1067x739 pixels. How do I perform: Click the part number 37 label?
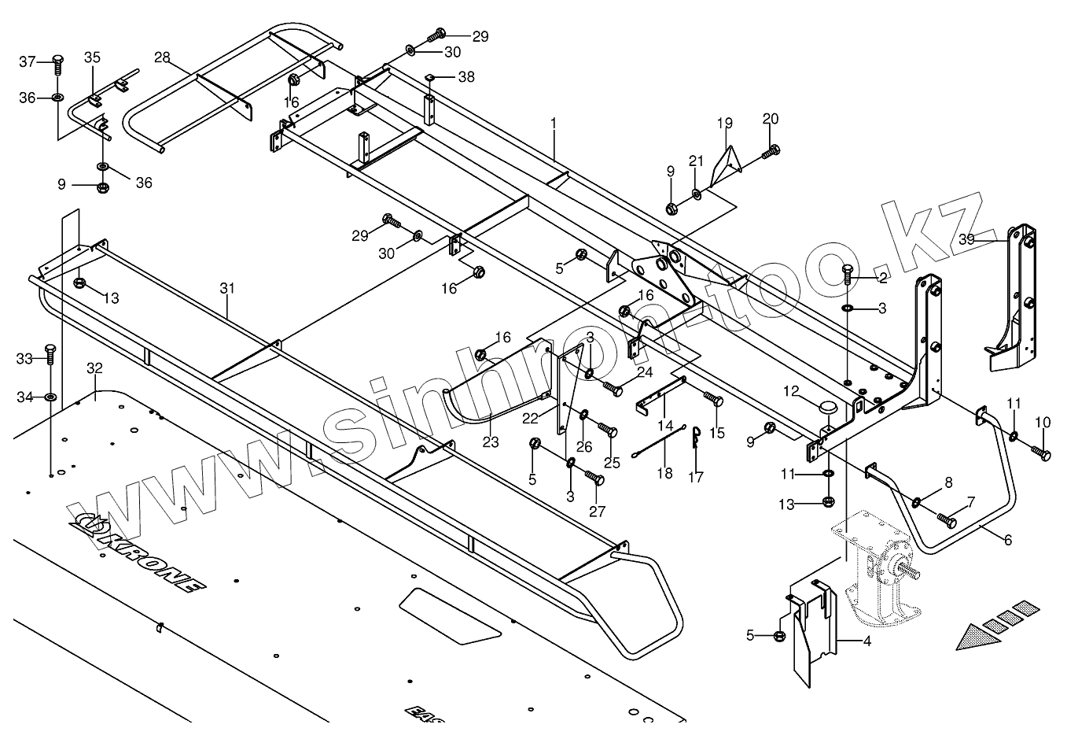(28, 61)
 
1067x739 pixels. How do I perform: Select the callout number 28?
(162, 57)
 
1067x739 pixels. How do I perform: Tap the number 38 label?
(466, 77)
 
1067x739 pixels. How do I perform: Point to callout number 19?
(724, 123)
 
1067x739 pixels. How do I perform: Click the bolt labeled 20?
(771, 150)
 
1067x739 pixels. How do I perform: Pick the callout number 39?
(966, 238)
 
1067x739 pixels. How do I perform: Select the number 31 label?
(227, 289)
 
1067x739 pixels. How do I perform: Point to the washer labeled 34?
(50, 397)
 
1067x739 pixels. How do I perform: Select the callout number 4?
(866, 641)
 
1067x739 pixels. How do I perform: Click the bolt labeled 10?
(1039, 453)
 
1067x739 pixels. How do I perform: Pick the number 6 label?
(1007, 540)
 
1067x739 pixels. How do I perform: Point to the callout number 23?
(491, 442)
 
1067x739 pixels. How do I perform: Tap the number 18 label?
(665, 473)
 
